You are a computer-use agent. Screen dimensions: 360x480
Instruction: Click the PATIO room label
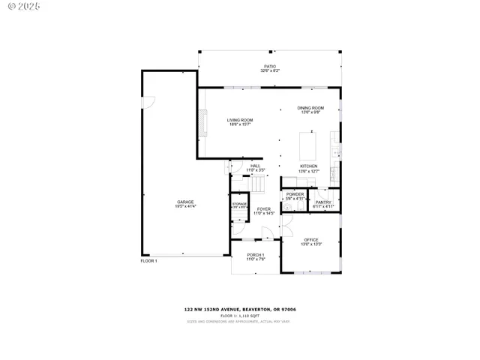[269, 67]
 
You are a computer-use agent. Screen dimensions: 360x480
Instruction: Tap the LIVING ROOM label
[240, 120]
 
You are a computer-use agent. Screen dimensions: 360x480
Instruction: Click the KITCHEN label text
[308, 166]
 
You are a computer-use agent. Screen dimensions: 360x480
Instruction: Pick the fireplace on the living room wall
[201, 124]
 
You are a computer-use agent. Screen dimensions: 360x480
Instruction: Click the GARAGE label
[186, 202]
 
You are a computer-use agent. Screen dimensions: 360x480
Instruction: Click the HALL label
[255, 166]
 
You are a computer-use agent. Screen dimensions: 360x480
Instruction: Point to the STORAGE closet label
[239, 204]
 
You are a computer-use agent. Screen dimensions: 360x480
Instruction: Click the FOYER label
[263, 209]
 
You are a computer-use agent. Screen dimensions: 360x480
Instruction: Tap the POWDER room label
[295, 194]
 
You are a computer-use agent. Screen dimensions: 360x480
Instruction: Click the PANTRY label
[323, 202]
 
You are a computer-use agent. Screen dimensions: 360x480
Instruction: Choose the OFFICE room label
[311, 240]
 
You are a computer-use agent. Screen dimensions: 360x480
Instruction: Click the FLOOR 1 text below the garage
[148, 261]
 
